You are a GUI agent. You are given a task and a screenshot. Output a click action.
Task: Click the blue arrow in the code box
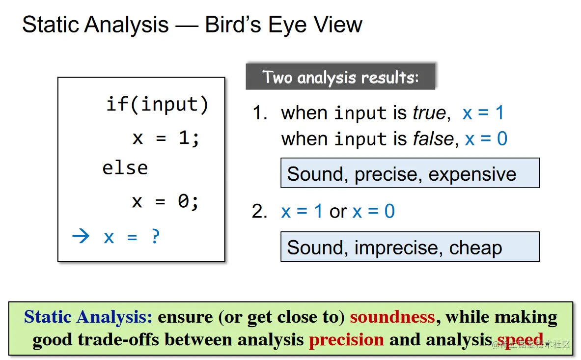click(x=81, y=236)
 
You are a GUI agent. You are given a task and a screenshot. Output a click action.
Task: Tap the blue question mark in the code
click(x=156, y=236)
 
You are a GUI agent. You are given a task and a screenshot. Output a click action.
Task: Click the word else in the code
click(x=125, y=168)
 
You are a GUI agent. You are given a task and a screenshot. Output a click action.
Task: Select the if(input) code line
click(x=157, y=105)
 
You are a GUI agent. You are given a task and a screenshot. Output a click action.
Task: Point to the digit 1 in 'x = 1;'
click(x=184, y=138)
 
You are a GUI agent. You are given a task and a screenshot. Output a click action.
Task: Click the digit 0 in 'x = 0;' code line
click(x=183, y=201)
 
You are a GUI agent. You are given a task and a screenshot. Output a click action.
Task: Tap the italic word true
click(x=429, y=112)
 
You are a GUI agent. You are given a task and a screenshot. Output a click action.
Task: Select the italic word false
click(x=433, y=139)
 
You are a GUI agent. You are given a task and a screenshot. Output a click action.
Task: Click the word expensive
click(x=472, y=174)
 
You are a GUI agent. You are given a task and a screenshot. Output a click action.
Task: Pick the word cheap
click(x=475, y=248)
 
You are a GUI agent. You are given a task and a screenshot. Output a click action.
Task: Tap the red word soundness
click(x=392, y=317)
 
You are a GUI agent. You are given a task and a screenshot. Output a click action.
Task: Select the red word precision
click(x=346, y=340)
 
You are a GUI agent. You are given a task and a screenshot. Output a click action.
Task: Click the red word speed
click(x=520, y=340)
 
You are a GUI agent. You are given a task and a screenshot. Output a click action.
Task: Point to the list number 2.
click(x=259, y=212)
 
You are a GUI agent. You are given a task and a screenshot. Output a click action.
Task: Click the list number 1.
click(x=259, y=112)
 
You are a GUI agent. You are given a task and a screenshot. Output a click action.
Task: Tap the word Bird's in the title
click(x=233, y=25)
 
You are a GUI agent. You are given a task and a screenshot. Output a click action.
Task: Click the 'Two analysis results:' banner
click(x=340, y=76)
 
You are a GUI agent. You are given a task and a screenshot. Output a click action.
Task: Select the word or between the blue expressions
click(x=338, y=212)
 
